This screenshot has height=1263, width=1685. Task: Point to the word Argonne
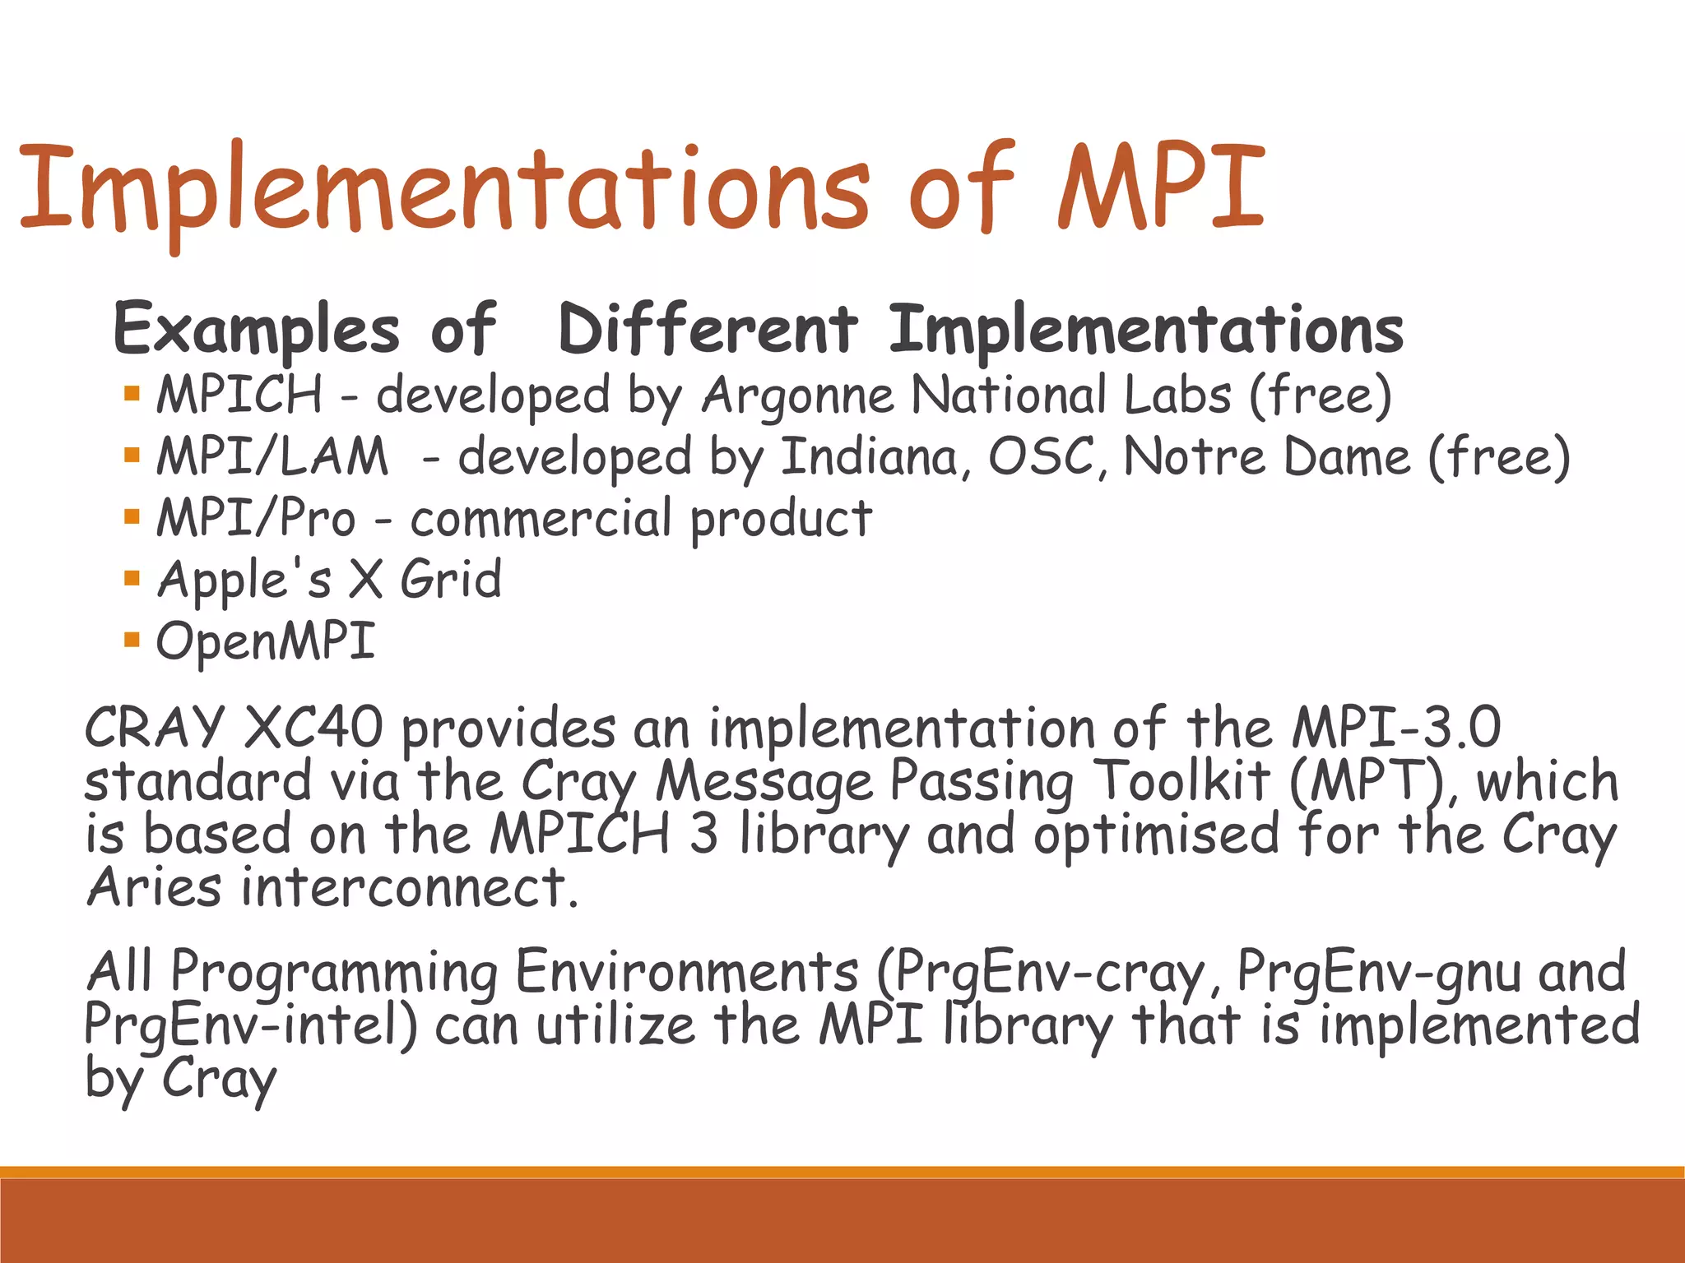[798, 396]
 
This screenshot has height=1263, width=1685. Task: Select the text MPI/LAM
[272, 456]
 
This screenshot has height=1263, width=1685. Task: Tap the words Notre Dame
[1267, 456]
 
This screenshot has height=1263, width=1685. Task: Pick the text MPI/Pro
[256, 518]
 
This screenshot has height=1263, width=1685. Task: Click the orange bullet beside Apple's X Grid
[132, 578]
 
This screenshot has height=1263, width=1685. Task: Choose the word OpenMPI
[266, 641]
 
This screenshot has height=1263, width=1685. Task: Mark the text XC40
[313, 727]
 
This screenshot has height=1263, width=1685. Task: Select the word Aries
[154, 888]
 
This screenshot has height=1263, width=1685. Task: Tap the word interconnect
[408, 888]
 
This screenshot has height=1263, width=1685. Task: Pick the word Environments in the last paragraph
[687, 971]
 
